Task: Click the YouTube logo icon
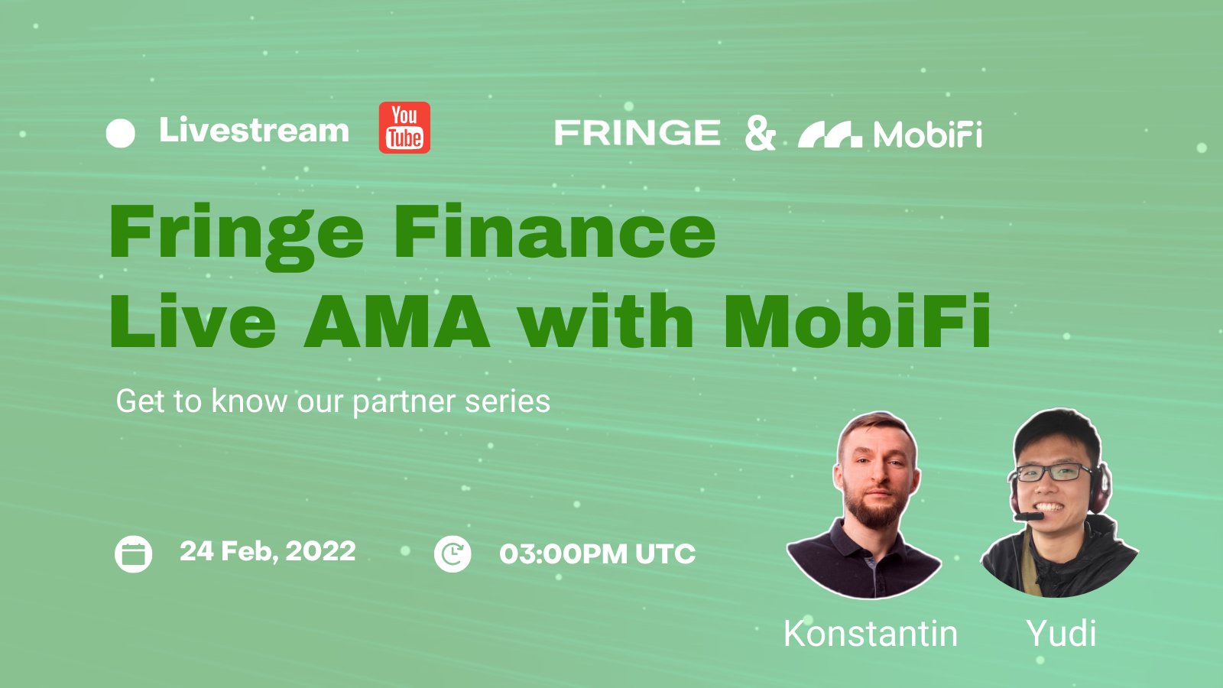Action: click(x=404, y=127)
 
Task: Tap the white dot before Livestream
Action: click(x=120, y=133)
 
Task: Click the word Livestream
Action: click(x=254, y=130)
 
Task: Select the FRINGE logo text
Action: click(x=637, y=133)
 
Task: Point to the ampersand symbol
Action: click(x=760, y=133)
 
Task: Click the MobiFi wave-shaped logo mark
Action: click(x=830, y=135)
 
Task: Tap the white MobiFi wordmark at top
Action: click(x=928, y=135)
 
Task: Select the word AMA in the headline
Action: click(x=397, y=320)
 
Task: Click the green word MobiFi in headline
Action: click(x=857, y=320)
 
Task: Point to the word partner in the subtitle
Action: click(x=404, y=402)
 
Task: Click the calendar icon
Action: click(x=133, y=554)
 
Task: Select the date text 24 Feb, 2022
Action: click(x=268, y=551)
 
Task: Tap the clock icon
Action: click(x=453, y=554)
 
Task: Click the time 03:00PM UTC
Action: click(x=597, y=553)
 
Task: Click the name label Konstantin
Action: click(x=871, y=634)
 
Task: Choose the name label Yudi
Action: click(x=1061, y=634)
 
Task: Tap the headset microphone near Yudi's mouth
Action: click(x=1029, y=516)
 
